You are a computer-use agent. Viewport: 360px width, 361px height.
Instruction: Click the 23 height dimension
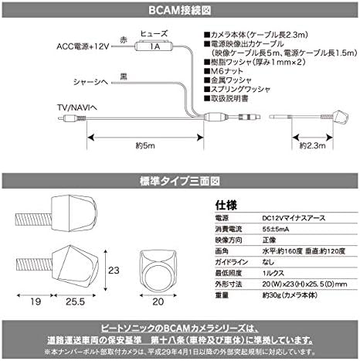[x=114, y=271]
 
